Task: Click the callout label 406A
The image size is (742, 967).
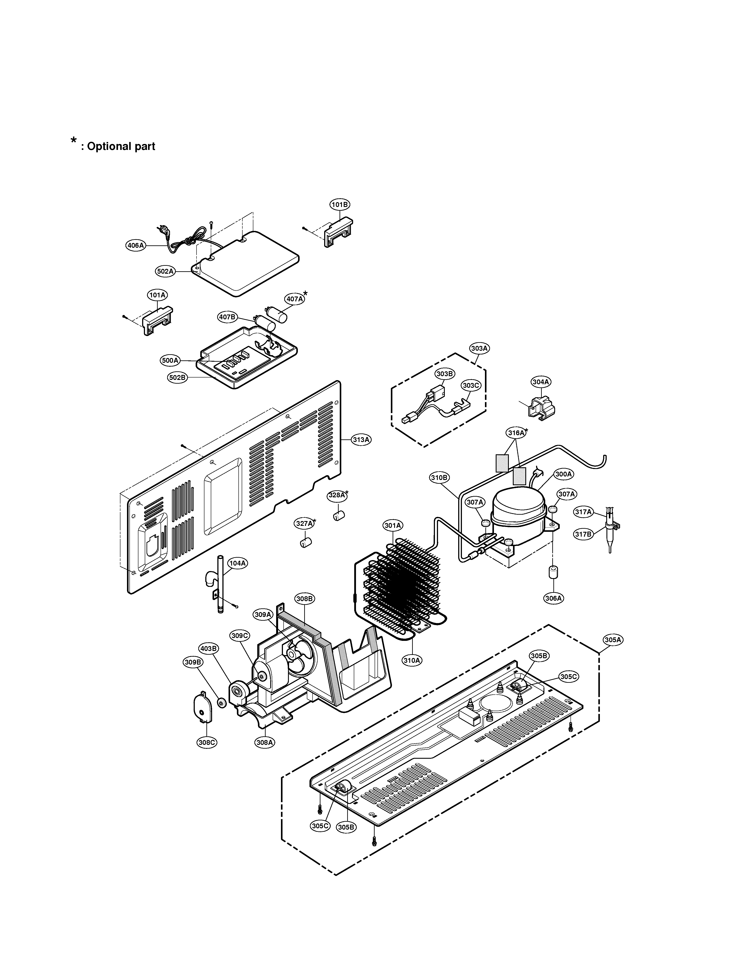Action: (x=136, y=245)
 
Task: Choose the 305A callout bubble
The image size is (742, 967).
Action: (x=613, y=640)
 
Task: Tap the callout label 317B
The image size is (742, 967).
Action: (x=583, y=534)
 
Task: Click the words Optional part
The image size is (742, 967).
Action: (x=121, y=146)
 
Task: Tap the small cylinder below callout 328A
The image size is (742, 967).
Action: (x=338, y=516)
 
